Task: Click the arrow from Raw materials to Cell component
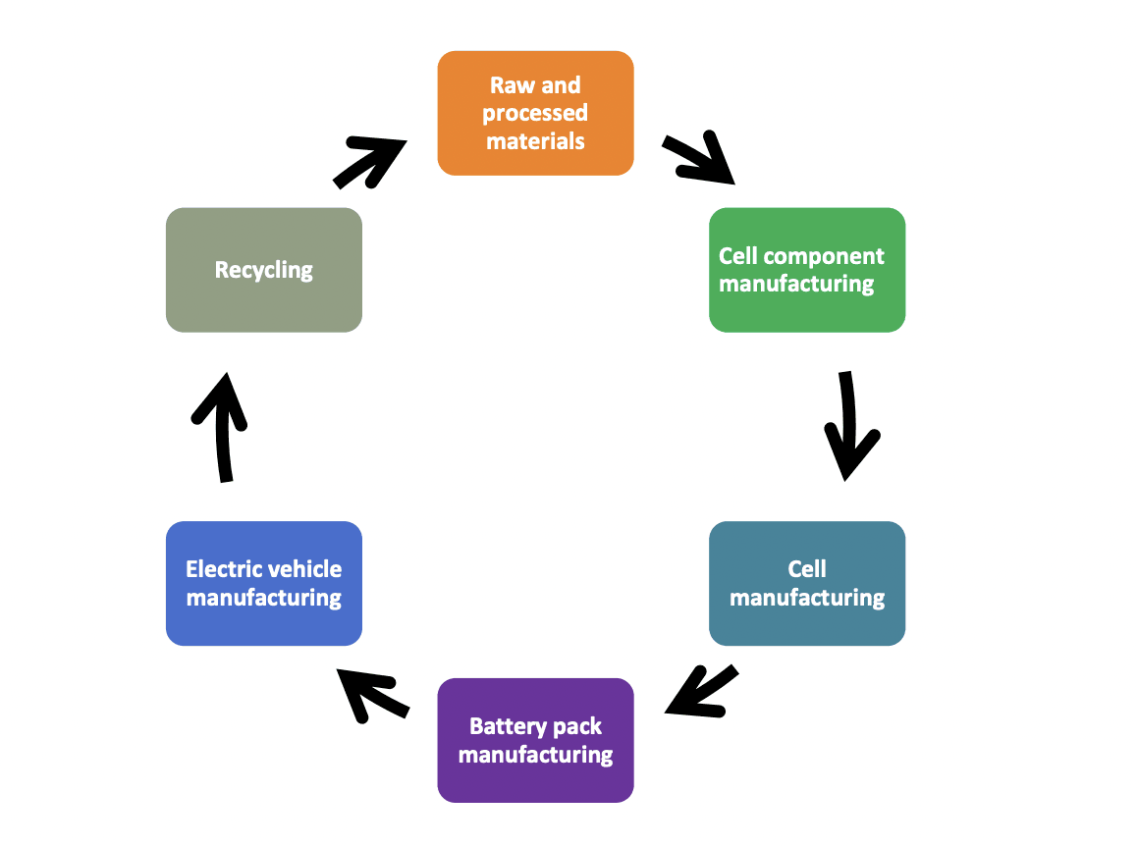point(698,160)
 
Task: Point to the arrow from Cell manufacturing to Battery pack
point(701,691)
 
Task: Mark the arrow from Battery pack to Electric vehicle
point(371,695)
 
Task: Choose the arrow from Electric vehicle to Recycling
point(221,428)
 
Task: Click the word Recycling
point(263,270)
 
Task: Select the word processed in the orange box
point(535,113)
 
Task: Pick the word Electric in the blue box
point(225,569)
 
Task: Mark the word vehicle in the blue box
point(303,569)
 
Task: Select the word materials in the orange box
point(535,140)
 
